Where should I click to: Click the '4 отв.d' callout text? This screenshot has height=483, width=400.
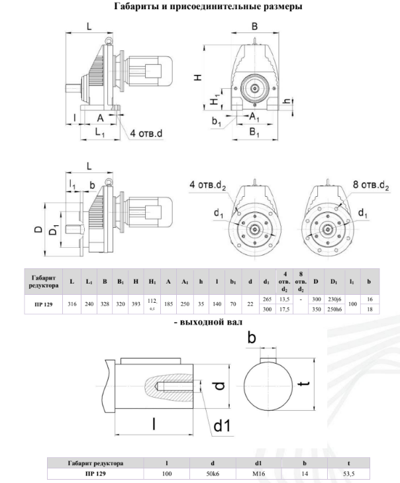coord(146,134)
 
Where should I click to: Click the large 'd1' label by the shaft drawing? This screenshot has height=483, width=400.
coord(221,427)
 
